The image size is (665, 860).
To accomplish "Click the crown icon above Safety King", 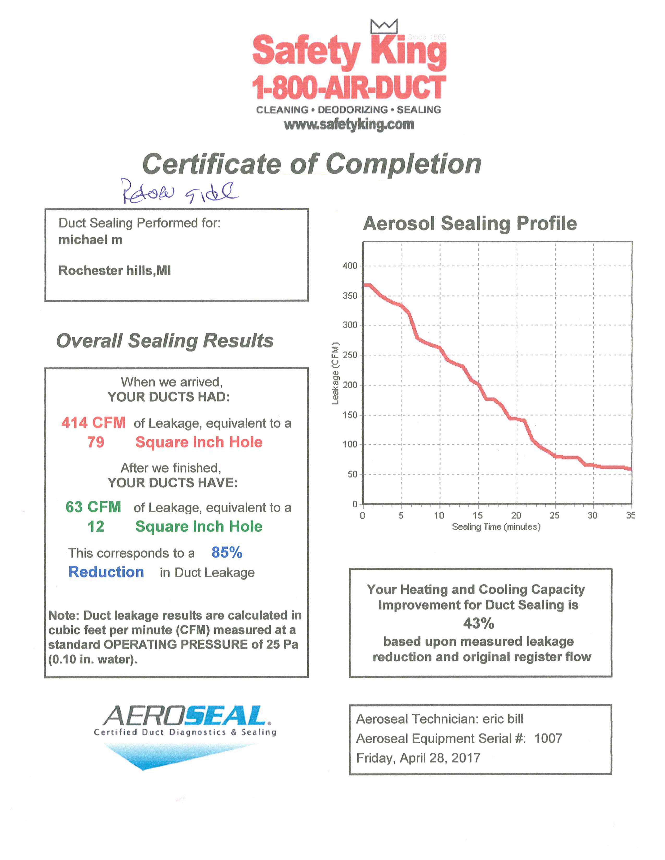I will click(x=384, y=26).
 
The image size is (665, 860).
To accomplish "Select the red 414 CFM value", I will click(x=93, y=423).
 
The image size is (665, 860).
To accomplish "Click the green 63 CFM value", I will click(x=93, y=507).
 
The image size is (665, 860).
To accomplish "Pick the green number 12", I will click(x=96, y=526).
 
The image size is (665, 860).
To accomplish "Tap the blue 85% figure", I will click(x=227, y=552).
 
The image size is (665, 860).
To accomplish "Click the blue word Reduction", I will click(x=106, y=572).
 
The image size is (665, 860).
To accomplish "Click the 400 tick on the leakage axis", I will click(x=350, y=266).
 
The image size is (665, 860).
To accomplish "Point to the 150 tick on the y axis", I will click(x=350, y=415).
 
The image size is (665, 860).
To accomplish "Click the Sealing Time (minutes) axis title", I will click(x=496, y=527).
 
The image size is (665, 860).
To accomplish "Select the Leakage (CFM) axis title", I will click(x=335, y=373).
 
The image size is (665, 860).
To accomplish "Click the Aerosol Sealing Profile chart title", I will click(x=470, y=224).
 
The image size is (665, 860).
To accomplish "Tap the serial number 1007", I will click(x=548, y=738).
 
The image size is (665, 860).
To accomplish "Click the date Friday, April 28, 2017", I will click(x=418, y=758).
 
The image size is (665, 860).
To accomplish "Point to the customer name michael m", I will click(x=90, y=240).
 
